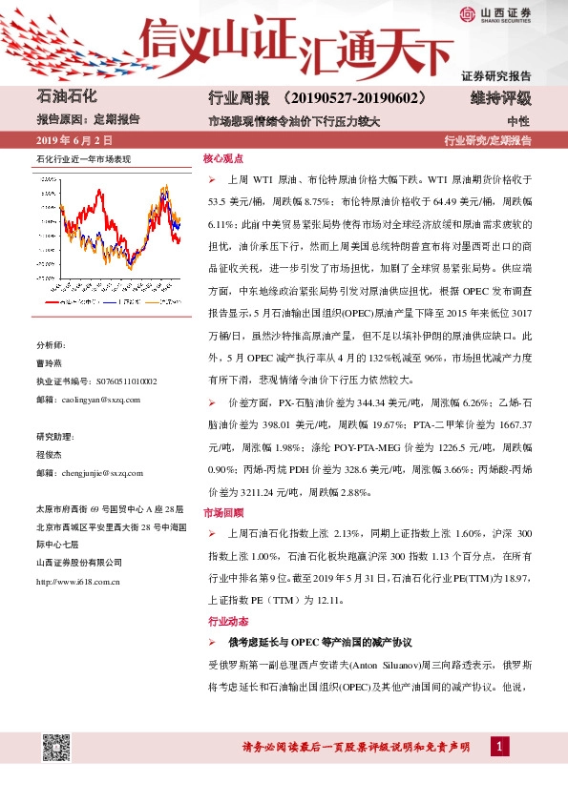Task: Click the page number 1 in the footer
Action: point(499,746)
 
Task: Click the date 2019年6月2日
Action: point(73,140)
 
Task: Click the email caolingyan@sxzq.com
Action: point(88,400)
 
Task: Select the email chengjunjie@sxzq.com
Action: point(89,472)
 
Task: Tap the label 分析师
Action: point(51,344)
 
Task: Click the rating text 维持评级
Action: point(501,98)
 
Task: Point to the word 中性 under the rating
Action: point(519,121)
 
